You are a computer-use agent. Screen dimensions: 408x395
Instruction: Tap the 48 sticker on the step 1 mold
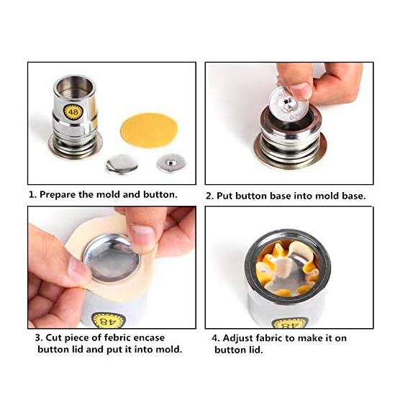[x=73, y=112]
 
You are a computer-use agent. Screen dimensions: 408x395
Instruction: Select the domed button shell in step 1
[x=121, y=165]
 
